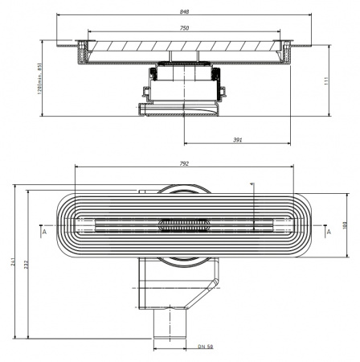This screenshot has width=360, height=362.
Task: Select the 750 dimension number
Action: pyautogui.click(x=186, y=29)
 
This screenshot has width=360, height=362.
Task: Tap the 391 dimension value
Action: pyautogui.click(x=239, y=140)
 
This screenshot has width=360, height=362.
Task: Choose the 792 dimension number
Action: pyautogui.click(x=185, y=164)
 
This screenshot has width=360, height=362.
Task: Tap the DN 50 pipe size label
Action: pyautogui.click(x=206, y=348)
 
